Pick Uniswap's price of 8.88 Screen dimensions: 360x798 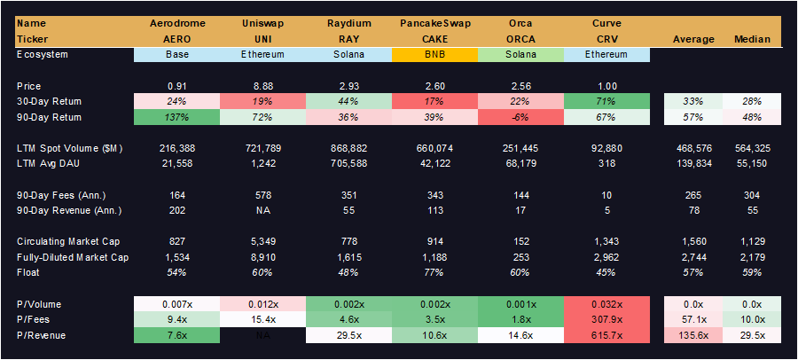(262, 85)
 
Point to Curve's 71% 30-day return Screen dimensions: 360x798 (606, 101)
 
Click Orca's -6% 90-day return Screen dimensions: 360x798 (520, 117)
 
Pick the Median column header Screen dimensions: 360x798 (753, 39)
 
